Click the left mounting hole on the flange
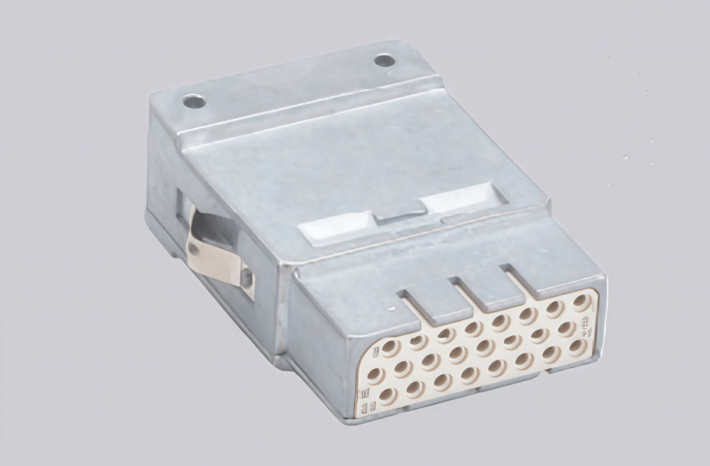194,102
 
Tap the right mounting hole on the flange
384,60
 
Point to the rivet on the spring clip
193,249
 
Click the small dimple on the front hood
391,308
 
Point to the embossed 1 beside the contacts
376,348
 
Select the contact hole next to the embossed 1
390,347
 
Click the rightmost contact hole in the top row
581,302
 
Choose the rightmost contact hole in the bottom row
577,347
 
